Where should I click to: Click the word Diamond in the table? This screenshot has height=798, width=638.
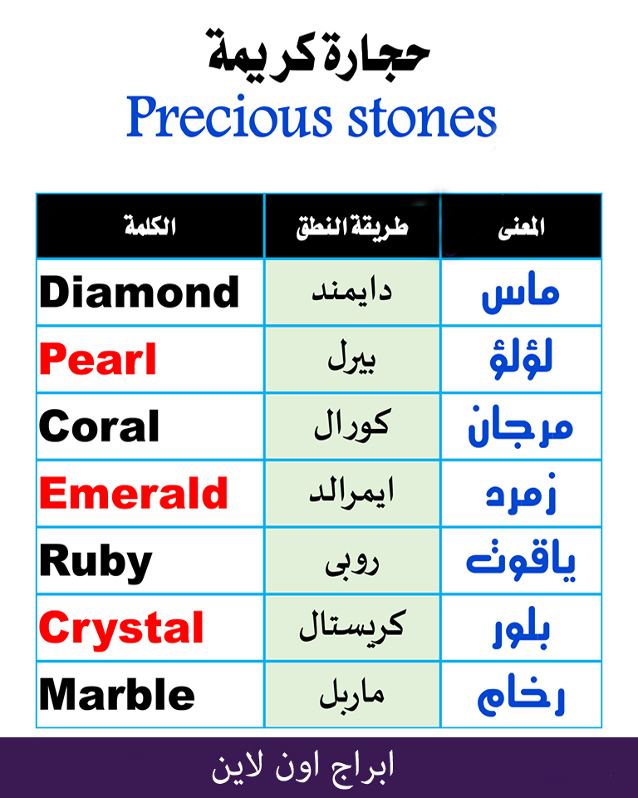(140, 292)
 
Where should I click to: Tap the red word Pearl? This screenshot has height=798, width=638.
(98, 359)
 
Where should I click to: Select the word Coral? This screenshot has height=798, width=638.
(99, 426)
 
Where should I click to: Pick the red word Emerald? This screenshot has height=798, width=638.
(133, 493)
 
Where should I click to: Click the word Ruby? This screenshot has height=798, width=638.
(96, 562)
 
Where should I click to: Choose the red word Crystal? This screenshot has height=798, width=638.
(121, 629)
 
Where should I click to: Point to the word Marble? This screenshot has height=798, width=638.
(117, 693)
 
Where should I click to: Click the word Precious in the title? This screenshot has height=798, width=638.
(229, 116)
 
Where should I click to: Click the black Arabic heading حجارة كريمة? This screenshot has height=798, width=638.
(318, 52)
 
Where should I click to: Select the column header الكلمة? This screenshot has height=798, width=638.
(150, 226)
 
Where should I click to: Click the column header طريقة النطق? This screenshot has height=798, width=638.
(352, 227)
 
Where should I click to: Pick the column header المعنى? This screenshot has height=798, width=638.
(522, 226)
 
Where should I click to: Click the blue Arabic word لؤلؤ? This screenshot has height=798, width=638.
(521, 359)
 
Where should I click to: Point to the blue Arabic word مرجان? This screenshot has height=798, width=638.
(521, 426)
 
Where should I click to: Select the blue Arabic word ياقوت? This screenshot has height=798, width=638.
(521, 560)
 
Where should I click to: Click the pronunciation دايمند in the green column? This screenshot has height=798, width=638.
(352, 292)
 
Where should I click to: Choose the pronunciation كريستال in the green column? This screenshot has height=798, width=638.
(352, 625)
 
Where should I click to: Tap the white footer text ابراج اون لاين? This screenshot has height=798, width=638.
(303, 767)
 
